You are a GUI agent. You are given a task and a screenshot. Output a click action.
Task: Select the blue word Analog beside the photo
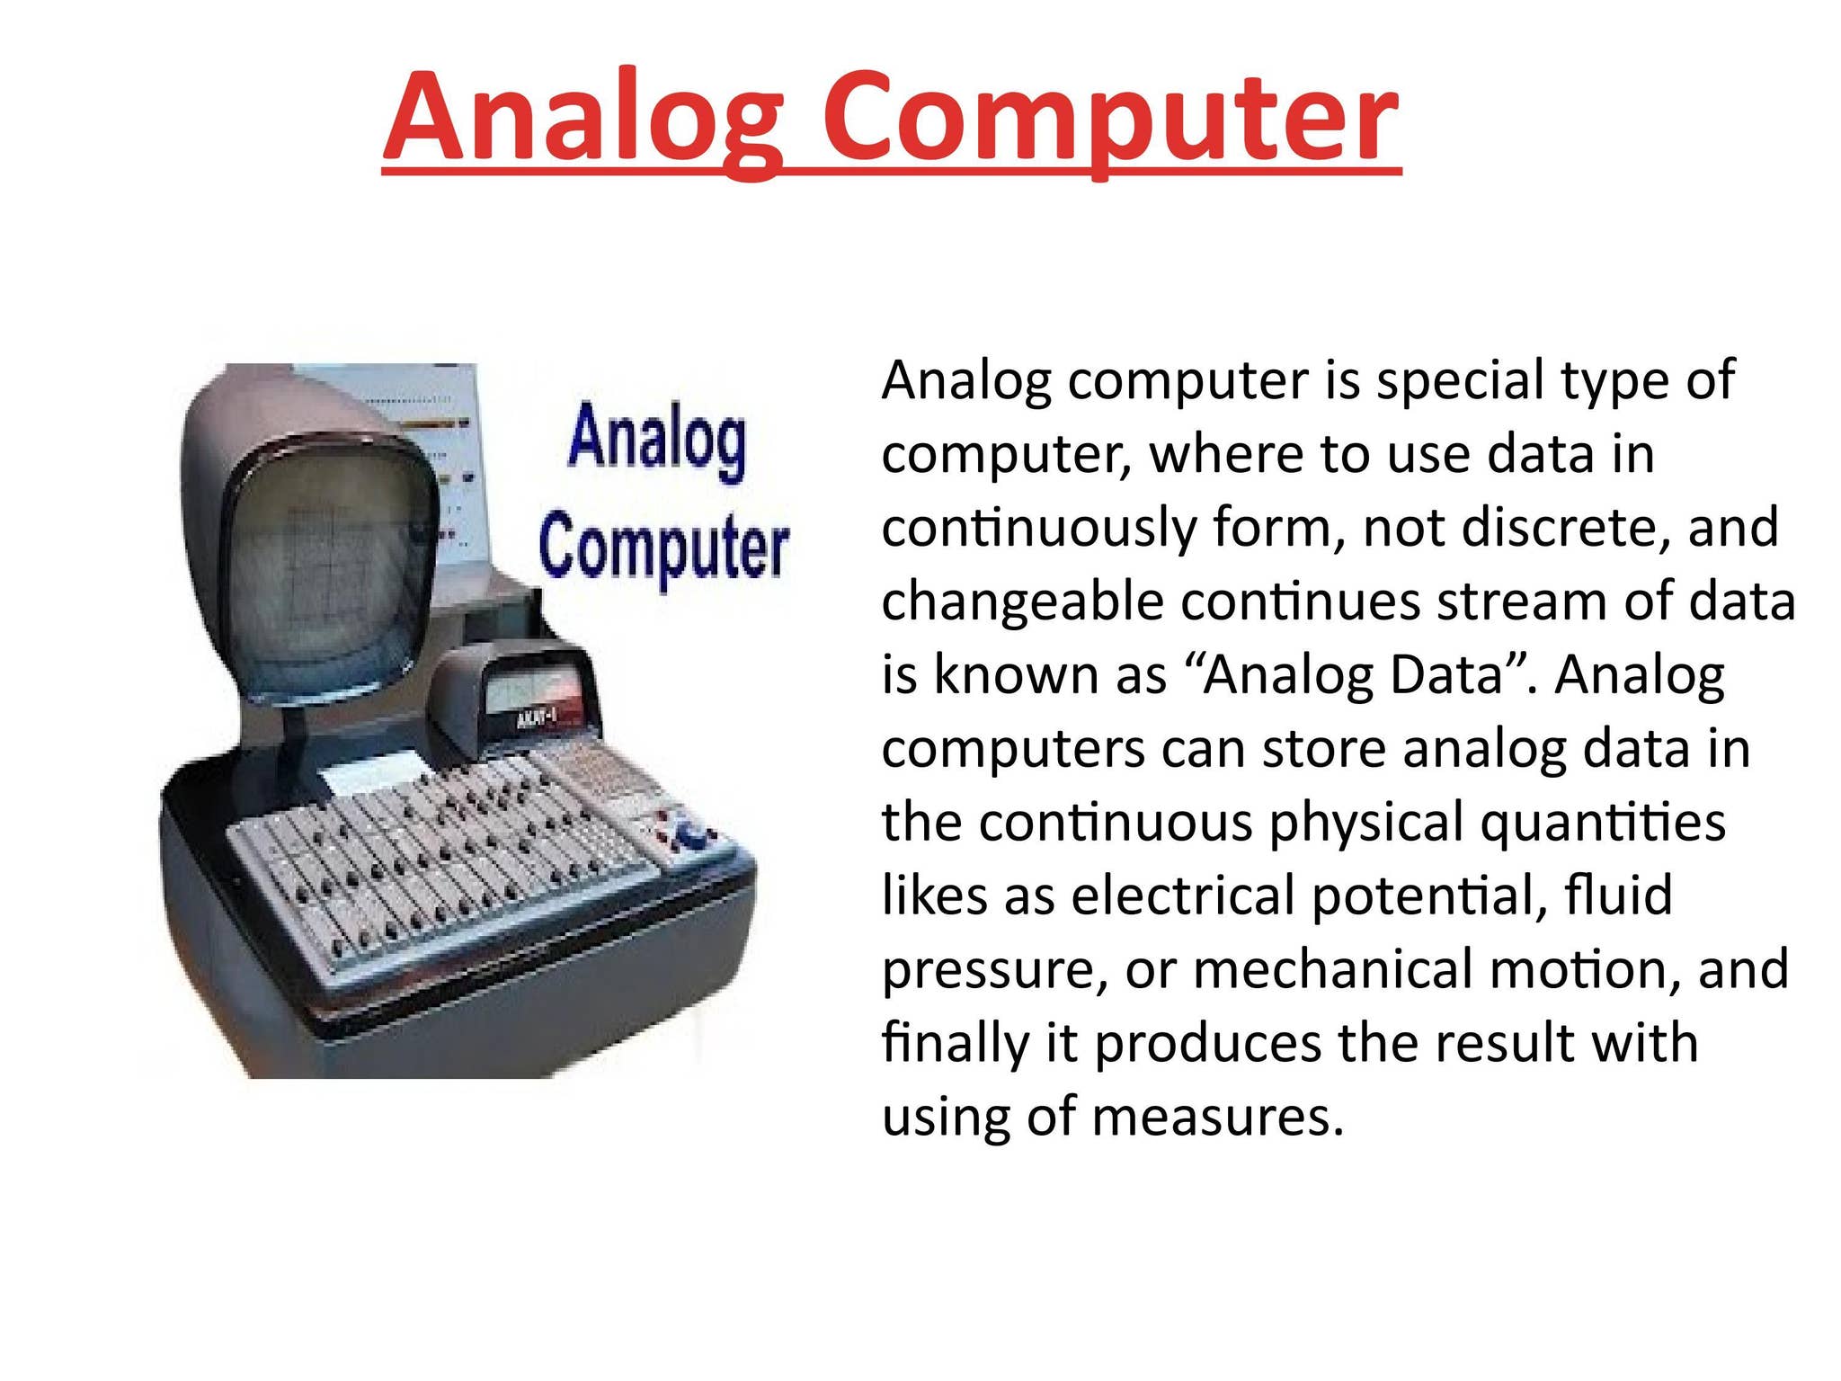click(657, 441)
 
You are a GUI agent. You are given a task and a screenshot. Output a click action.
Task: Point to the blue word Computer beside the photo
click(664, 547)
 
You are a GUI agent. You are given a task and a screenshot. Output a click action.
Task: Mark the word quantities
click(1604, 824)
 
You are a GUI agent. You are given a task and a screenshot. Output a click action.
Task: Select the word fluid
click(1619, 895)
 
